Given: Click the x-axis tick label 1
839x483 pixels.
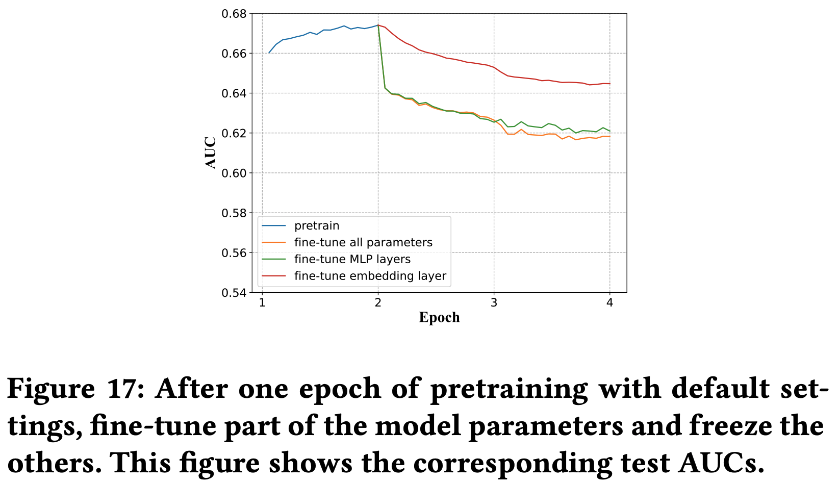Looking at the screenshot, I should (x=262, y=303).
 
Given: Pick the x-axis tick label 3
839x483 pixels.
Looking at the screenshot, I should (x=494, y=303).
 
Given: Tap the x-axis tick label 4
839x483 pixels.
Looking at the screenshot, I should (x=609, y=303).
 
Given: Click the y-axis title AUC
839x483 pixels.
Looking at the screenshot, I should (x=211, y=152).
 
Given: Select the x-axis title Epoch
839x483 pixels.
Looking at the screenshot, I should (x=439, y=318).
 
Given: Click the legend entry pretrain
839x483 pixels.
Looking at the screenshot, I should (x=317, y=225).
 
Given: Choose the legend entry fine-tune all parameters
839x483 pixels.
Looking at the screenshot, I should (x=363, y=242).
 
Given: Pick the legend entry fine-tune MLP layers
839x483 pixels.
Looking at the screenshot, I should (x=352, y=259).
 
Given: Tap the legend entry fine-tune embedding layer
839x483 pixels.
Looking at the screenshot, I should (x=370, y=276).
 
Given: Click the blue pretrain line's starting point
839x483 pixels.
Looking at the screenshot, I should (x=269, y=53).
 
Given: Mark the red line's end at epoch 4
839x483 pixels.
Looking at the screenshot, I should (x=609, y=84).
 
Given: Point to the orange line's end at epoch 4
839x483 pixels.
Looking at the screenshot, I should (x=609, y=136).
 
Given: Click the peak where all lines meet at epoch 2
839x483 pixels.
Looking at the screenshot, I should (x=378, y=25).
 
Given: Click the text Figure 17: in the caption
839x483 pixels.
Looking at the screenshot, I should (x=77, y=389).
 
